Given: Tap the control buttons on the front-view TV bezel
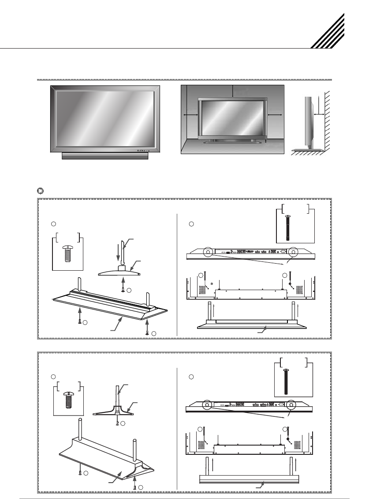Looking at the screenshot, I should coord(142,151).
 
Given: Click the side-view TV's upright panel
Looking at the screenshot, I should coord(308,117).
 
